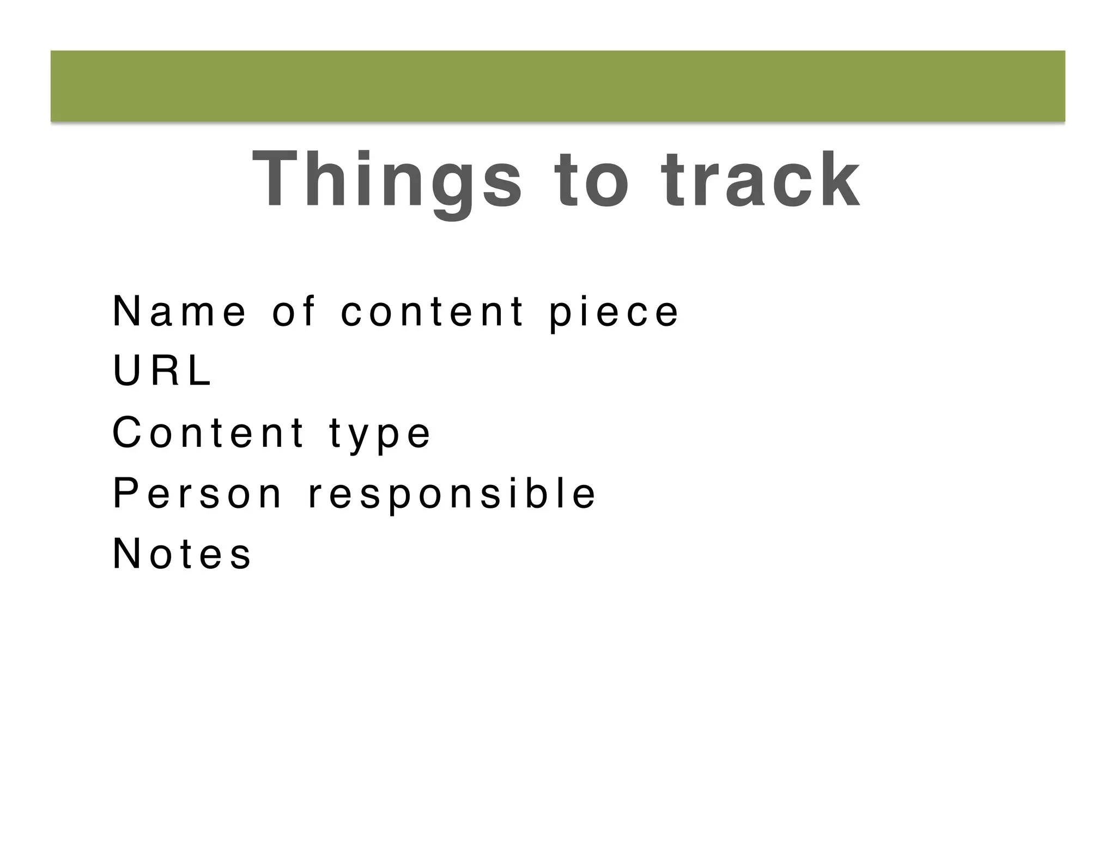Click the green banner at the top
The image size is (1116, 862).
[557, 86]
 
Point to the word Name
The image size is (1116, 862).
[179, 312]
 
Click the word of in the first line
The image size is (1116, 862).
[294, 312]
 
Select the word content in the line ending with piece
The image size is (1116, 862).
[433, 312]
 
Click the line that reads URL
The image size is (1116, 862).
[162, 372]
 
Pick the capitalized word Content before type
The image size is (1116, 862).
[208, 433]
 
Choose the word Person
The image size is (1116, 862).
[197, 494]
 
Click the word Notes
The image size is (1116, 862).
[182, 555]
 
